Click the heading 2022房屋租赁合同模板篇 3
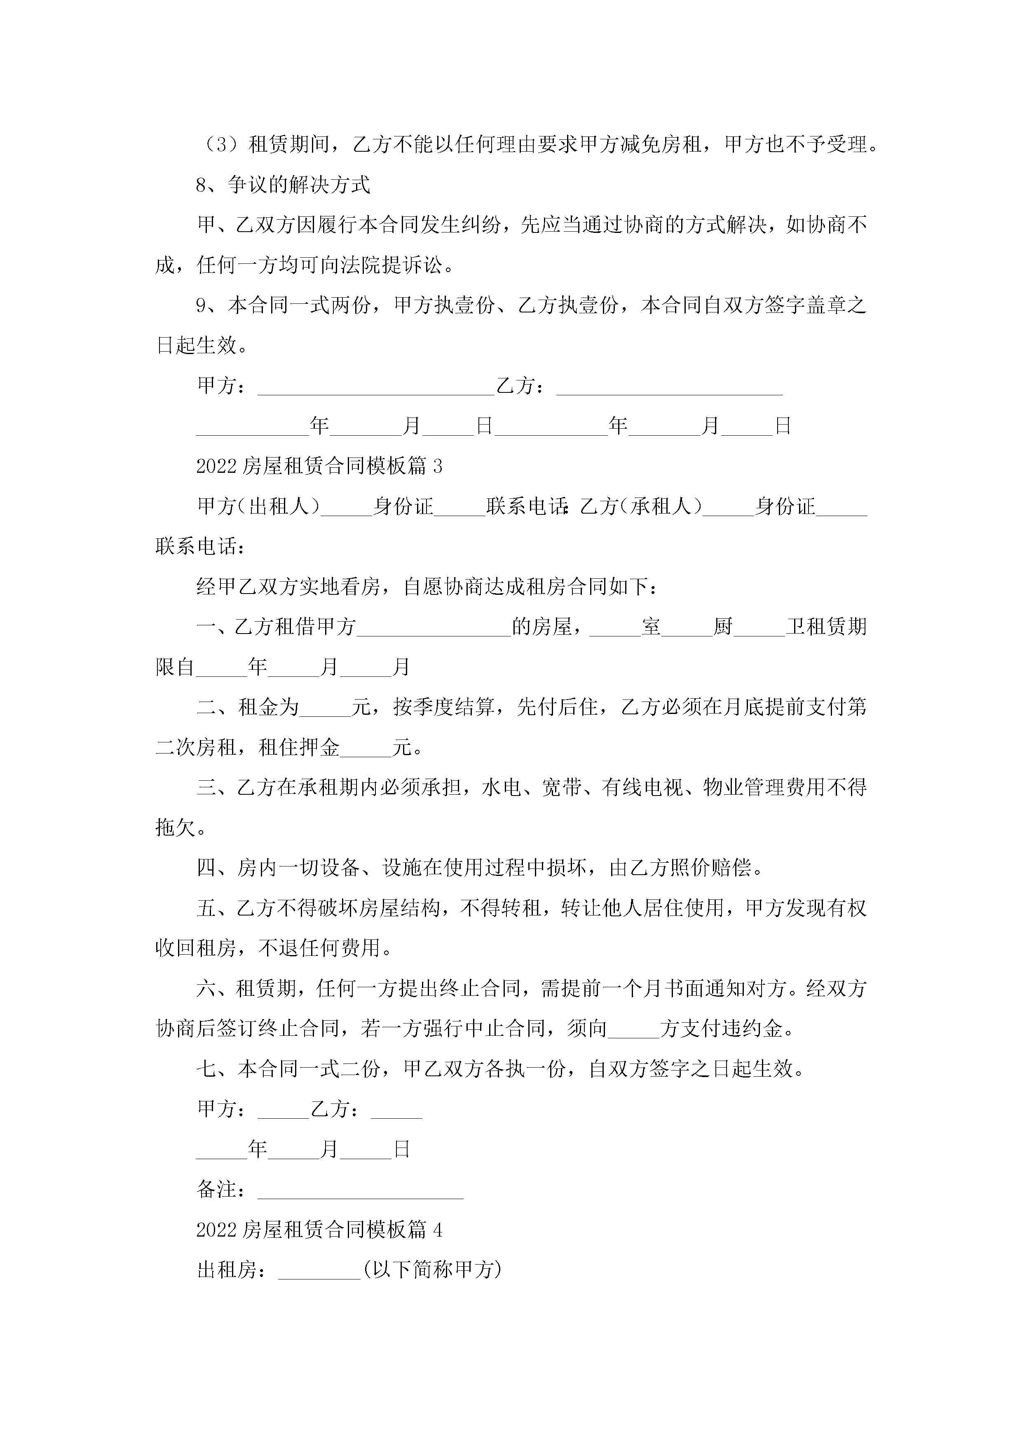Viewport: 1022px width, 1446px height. tap(319, 466)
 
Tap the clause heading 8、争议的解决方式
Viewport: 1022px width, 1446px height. tap(283, 185)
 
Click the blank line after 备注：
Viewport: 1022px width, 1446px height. tap(360, 1190)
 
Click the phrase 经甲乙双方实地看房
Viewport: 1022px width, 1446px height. tap(288, 587)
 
